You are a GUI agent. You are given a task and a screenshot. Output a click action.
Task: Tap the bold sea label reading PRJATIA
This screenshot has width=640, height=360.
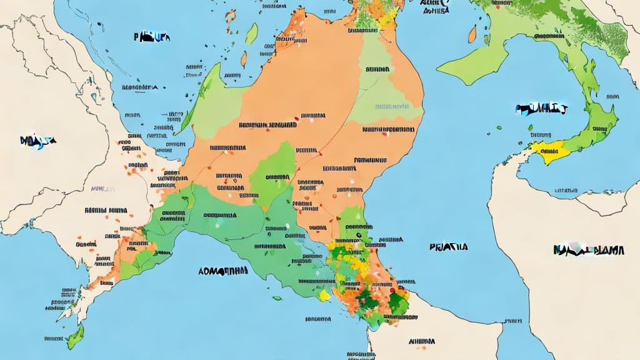click(x=449, y=247)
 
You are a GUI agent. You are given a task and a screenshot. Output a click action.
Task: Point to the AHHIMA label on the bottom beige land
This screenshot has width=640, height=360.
click(x=421, y=341)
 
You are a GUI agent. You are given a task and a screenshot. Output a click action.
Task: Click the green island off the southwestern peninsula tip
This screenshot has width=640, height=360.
click(x=75, y=337)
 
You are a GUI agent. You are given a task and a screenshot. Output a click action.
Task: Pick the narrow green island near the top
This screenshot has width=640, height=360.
click(x=251, y=34)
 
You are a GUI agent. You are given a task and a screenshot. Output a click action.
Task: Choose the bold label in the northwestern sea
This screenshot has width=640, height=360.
click(x=151, y=37)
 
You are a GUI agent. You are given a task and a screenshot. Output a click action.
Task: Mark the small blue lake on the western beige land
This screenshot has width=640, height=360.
click(x=94, y=97)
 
